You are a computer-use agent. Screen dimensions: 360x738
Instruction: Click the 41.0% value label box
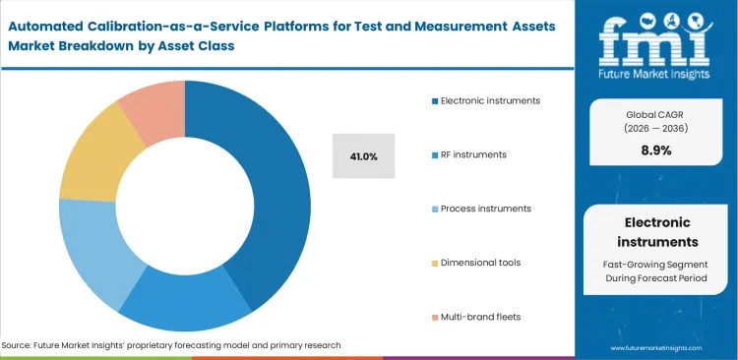[x=363, y=155]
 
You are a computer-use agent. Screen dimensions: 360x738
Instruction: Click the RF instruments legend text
[x=475, y=154]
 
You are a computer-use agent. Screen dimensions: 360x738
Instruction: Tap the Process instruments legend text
[x=485, y=209]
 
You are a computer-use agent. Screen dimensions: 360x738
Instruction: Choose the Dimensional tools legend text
[x=481, y=263]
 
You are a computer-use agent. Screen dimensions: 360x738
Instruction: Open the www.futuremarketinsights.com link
[x=657, y=348]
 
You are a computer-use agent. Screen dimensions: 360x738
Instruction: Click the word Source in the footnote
[x=19, y=345]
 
